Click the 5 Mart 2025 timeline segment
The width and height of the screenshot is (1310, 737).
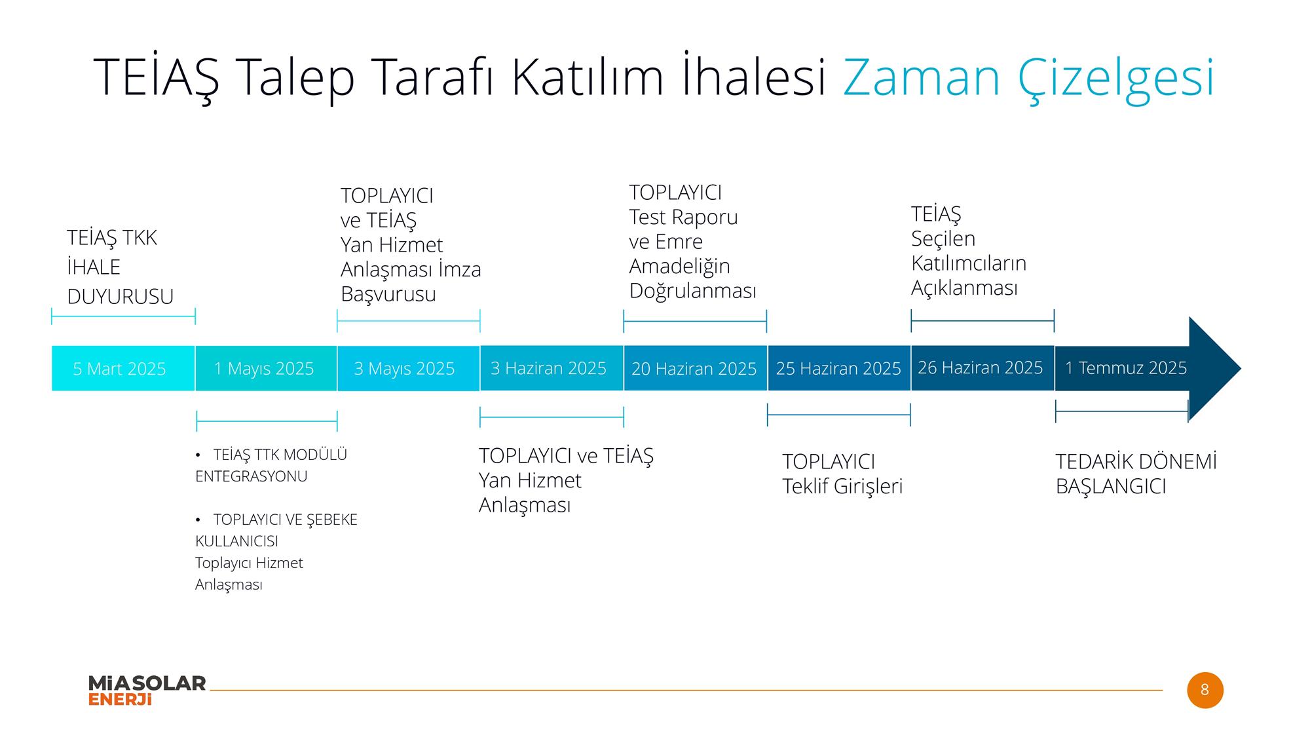[123, 368]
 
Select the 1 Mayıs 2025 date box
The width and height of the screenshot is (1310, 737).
[266, 368]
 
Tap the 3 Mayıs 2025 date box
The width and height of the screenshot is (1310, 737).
[409, 368]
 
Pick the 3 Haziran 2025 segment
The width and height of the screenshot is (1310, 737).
[552, 368]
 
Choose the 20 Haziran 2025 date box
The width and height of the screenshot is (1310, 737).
[695, 368]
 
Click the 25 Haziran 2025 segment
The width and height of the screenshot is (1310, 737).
[839, 368]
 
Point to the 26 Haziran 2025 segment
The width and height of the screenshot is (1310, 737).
[982, 368]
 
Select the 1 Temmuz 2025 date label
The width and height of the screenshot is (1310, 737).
[1126, 368]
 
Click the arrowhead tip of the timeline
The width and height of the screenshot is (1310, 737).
[1241, 368]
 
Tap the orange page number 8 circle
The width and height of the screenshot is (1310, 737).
[1205, 690]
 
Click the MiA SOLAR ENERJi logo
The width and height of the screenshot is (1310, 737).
[147, 690]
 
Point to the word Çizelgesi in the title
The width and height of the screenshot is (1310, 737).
[1116, 79]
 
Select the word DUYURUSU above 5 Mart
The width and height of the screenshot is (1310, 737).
[121, 297]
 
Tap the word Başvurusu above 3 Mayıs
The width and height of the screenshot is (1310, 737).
[388, 295]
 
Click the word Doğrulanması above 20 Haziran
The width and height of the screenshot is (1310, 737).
[693, 291]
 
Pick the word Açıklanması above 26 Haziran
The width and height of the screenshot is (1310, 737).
[965, 288]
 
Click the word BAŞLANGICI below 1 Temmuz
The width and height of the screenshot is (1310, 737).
[1111, 487]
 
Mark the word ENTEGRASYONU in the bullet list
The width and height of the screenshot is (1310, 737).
[252, 476]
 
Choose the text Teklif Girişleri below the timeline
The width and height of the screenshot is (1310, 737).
[842, 487]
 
